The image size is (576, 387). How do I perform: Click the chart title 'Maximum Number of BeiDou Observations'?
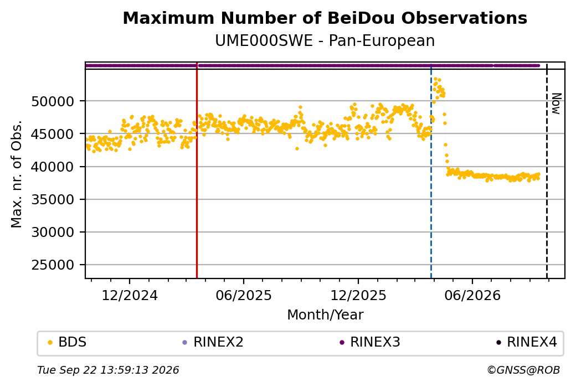[325, 18]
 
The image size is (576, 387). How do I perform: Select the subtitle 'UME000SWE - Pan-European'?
[325, 40]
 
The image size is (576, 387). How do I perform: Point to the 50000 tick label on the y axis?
[53, 101]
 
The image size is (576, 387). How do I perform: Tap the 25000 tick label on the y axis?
[53, 265]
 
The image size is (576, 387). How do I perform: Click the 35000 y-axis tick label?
[53, 200]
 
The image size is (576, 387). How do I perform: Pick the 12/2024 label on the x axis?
[129, 295]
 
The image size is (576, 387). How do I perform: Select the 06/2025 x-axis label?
[244, 295]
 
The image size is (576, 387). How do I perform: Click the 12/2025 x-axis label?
[358, 295]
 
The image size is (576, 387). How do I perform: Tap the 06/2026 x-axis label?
[472, 295]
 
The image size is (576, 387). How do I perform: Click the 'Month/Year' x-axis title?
[325, 314]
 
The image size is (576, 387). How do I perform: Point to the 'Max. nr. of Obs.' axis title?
[17, 174]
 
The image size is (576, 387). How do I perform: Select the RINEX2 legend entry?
[213, 342]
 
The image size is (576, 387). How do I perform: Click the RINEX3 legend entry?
[370, 342]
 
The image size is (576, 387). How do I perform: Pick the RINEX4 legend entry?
[527, 342]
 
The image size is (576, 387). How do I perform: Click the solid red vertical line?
[197, 171]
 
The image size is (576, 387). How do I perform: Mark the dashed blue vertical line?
[431, 171]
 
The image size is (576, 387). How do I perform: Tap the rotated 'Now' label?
[557, 104]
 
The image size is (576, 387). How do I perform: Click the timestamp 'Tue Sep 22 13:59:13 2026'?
[108, 370]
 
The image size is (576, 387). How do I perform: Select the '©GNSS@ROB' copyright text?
[523, 370]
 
